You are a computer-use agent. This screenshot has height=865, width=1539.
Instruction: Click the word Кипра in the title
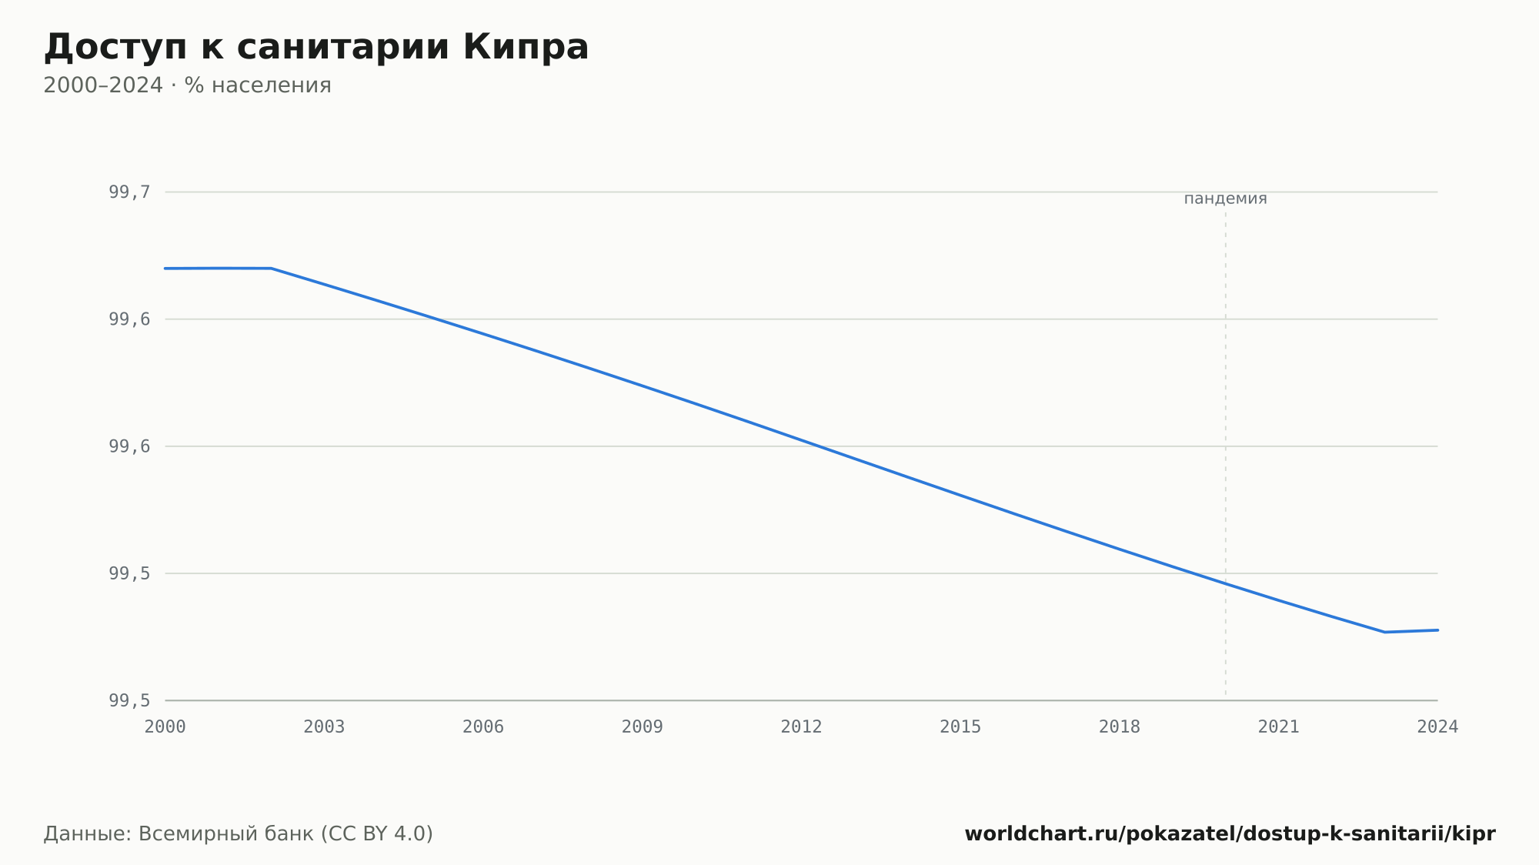point(526,48)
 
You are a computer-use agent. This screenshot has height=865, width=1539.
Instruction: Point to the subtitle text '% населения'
point(258,85)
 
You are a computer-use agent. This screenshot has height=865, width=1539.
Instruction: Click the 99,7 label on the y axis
point(129,192)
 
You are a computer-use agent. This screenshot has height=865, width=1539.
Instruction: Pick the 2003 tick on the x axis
point(324,727)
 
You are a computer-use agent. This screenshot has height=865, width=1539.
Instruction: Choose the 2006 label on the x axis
point(483,727)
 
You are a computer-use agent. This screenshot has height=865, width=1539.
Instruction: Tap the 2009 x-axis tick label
point(643,727)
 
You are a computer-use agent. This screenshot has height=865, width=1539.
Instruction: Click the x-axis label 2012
point(801,727)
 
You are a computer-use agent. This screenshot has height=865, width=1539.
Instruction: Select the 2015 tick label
point(960,727)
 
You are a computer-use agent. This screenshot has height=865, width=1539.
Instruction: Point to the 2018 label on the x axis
point(1120,727)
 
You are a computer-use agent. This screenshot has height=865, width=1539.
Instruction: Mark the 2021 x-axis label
point(1279,727)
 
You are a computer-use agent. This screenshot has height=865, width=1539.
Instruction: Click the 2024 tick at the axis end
point(1437,727)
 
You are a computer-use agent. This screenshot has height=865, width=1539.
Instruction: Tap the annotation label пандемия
point(1225,199)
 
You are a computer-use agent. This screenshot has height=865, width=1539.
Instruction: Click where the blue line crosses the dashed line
point(1226,583)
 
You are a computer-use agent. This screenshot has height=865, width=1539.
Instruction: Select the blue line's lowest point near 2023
point(1384,632)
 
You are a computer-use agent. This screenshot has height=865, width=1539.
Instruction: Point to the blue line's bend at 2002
point(272,269)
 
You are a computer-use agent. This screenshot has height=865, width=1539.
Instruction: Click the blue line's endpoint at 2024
point(1437,630)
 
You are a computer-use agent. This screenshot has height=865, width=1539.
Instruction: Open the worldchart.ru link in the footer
point(1230,834)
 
